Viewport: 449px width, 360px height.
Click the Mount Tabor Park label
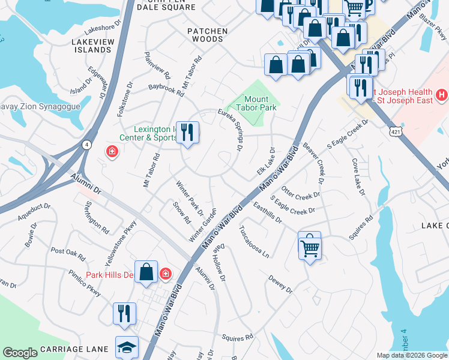256,103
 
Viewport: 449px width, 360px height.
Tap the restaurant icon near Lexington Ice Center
187,131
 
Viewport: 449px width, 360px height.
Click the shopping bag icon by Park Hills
146,273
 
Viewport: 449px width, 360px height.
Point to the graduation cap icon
127,347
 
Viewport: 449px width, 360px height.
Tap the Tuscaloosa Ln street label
254,241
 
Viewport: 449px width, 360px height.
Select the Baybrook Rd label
166,89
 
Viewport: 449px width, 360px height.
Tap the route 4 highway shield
87,145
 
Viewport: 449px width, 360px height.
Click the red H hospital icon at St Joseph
442,95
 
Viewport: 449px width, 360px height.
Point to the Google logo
20,353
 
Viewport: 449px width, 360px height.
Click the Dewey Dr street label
280,286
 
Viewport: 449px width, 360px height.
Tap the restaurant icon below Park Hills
124,314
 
